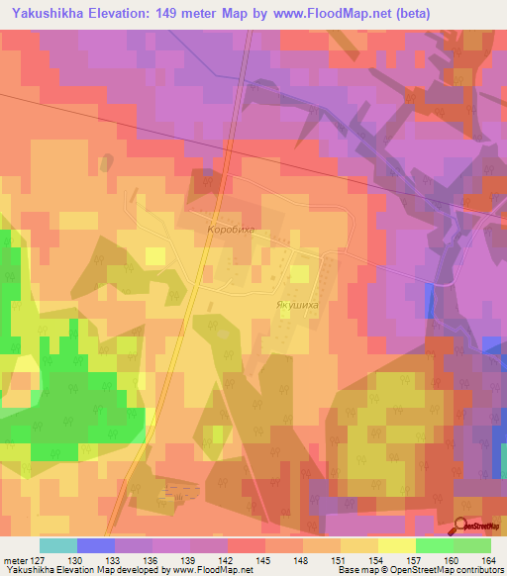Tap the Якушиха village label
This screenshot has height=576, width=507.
tap(296, 306)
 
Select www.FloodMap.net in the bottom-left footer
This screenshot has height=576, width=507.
tap(212, 571)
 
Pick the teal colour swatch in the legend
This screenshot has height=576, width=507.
tap(58, 545)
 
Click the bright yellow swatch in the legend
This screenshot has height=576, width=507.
tap(396, 545)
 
